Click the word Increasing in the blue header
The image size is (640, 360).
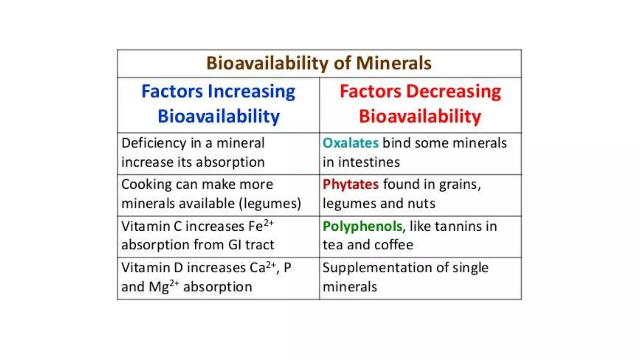251,92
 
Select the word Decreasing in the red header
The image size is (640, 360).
454,92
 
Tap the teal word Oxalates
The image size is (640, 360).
350,143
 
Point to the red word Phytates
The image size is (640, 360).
350,184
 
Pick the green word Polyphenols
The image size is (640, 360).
362,226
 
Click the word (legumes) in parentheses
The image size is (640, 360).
270,204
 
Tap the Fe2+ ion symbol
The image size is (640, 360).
261,226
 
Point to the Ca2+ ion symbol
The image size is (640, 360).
262,267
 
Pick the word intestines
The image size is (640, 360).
369,162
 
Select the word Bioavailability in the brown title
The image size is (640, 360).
267,63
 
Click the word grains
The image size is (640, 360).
459,184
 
